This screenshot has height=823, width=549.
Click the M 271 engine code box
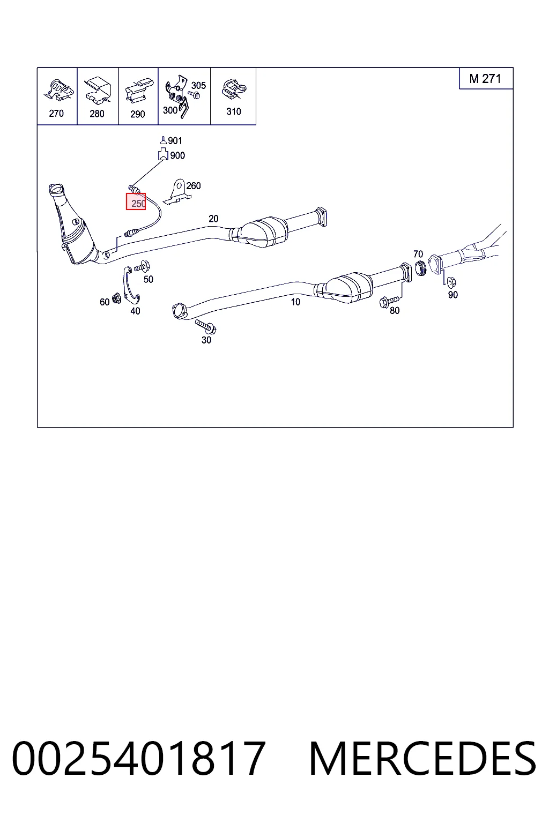tap(486, 78)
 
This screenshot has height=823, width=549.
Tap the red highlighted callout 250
tap(136, 201)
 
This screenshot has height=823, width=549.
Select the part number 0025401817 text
tap(139, 759)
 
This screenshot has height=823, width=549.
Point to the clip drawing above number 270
tap(57, 90)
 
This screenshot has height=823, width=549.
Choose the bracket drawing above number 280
tap(98, 89)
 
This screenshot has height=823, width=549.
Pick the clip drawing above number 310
tap(234, 89)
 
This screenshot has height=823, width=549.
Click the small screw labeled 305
tap(195, 95)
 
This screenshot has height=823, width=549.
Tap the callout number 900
tap(177, 156)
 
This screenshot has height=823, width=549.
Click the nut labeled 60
tap(116, 298)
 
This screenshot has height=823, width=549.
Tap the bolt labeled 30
tap(206, 326)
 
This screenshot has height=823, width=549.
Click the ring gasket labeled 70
tap(420, 268)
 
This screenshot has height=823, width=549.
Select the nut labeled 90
tap(450, 282)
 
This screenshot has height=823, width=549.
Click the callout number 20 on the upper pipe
tap(213, 219)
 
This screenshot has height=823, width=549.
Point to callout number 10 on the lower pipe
tap(295, 302)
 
